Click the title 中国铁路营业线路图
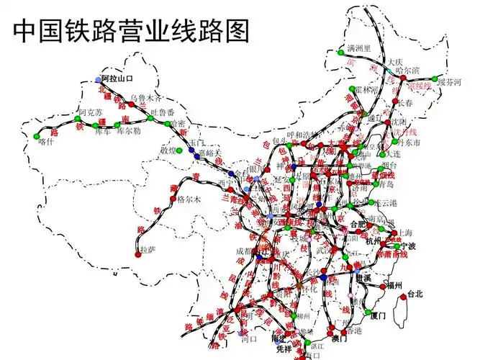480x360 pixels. tap(131, 30)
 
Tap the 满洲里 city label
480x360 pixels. tap(358, 48)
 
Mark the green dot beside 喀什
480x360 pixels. tap(37, 134)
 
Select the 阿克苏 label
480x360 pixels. tap(91, 112)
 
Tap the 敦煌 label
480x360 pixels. tap(168, 150)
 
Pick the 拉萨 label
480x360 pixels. tap(148, 250)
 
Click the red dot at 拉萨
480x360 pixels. tap(137, 254)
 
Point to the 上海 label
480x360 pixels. tap(406, 233)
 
